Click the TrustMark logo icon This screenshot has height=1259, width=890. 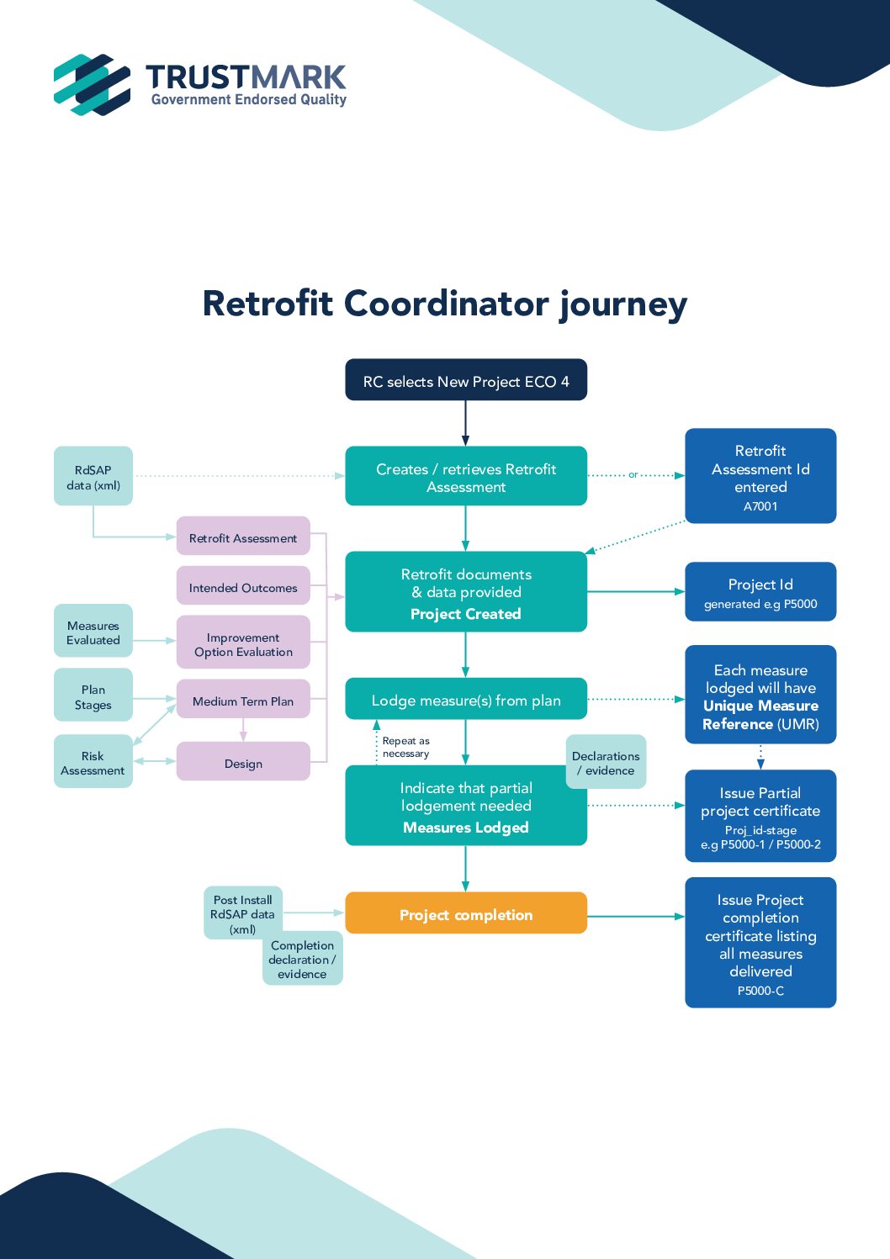coord(92,85)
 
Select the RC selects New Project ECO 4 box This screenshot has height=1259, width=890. coord(465,381)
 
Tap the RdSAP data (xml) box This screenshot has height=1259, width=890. coord(93,477)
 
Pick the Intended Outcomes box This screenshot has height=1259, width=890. coord(243,587)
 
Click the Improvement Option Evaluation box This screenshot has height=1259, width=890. coord(243,644)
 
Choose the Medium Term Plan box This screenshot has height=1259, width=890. coord(243,701)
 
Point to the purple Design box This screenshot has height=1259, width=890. coord(243,763)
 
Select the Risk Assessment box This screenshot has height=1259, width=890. coord(93,762)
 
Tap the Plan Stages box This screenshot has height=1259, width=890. coord(93,696)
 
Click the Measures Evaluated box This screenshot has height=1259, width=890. coord(93,632)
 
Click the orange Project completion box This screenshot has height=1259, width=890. coord(465,914)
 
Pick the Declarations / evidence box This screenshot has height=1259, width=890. coord(607,763)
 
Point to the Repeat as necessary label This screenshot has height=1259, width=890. coord(405,747)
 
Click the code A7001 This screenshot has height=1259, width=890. coord(760,506)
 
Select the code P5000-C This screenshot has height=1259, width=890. coord(760,991)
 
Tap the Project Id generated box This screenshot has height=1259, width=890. coord(760,592)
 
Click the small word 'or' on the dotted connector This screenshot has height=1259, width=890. coord(633,475)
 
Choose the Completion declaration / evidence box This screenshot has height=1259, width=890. coord(303,959)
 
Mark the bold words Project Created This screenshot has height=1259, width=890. coord(465,614)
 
